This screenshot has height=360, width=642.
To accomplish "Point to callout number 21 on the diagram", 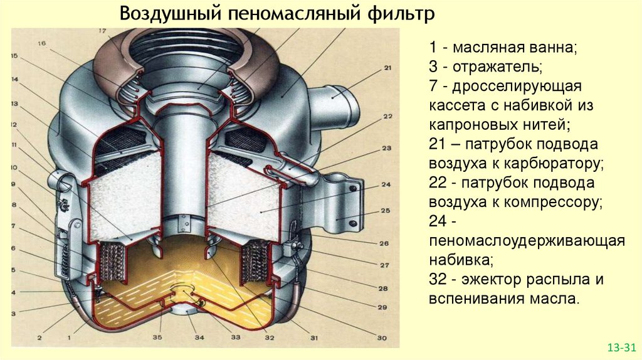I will point(387,68).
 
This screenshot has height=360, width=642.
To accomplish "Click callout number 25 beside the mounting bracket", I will point(386,210).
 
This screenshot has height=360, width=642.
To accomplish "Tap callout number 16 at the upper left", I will point(42,43).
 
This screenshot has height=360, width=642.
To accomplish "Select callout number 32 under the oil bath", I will point(269,337).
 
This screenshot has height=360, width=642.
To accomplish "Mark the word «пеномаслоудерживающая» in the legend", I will point(527,241).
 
